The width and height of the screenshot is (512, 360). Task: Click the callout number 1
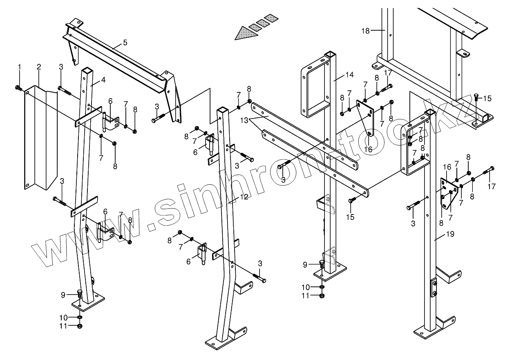click(19, 66)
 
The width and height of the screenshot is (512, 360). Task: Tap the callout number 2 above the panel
click(38, 67)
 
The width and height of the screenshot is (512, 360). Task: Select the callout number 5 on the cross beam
click(125, 42)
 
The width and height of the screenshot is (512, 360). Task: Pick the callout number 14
click(349, 75)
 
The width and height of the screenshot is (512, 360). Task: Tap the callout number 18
click(365, 31)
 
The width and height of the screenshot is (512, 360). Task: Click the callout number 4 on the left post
click(103, 80)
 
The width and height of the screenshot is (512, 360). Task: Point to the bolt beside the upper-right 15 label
click(476, 97)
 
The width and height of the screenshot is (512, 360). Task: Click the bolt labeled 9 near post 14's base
click(322, 264)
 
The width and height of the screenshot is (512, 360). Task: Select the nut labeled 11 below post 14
click(322, 295)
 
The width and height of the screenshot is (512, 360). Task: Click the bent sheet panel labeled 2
click(40, 139)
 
